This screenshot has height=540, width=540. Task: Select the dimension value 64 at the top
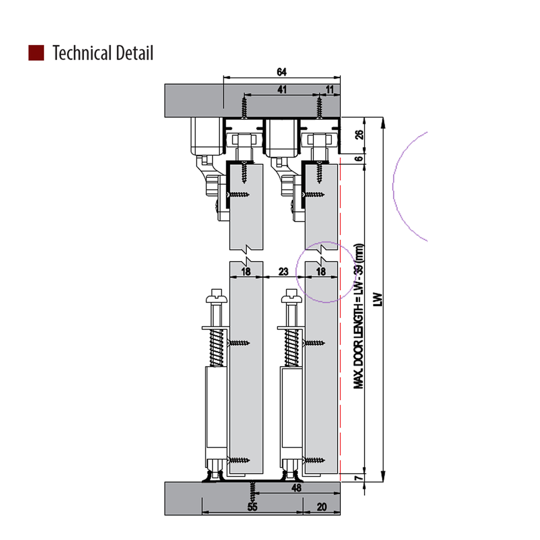point(282,71)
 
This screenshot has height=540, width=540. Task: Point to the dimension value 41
point(281,89)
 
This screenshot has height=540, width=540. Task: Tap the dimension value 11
point(330,89)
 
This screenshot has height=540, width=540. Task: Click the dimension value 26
point(359,135)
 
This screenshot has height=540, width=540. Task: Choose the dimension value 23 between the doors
point(283,272)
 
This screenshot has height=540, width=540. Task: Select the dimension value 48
point(297,488)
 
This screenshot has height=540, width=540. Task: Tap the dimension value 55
point(253,507)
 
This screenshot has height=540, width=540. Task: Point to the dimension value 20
point(322,507)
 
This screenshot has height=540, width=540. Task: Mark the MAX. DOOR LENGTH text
point(358,315)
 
